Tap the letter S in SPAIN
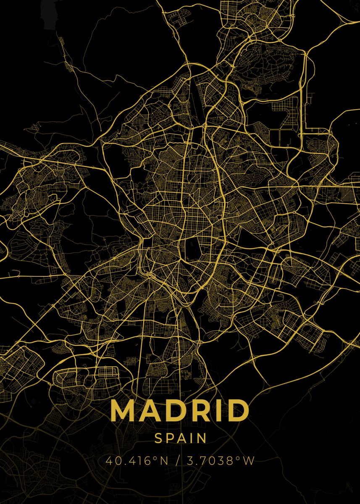tap(158, 438)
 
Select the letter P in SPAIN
tap(169, 438)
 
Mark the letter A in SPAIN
tap(181, 438)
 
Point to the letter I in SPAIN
tap(190, 438)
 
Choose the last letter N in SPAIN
tap(201, 438)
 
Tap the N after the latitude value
tap(163, 461)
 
